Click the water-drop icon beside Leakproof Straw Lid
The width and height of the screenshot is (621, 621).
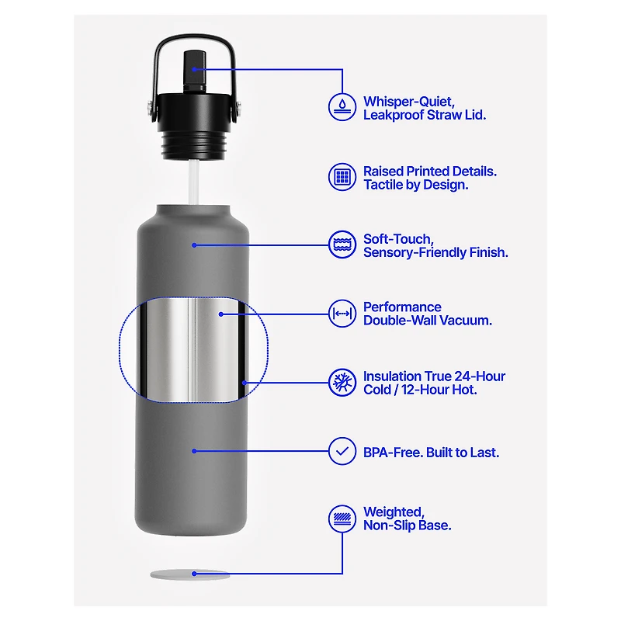point(342,106)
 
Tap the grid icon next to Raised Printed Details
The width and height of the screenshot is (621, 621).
point(342,177)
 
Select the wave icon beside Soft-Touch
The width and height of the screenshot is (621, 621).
point(342,245)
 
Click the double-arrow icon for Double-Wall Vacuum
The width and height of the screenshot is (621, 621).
point(342,314)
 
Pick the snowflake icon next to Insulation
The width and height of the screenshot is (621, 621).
point(342,383)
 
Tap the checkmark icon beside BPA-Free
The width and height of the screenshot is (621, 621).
point(342,451)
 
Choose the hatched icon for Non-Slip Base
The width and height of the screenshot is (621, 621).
point(342,519)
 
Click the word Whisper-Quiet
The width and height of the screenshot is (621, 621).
point(409,102)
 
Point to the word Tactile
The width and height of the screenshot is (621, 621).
point(382,185)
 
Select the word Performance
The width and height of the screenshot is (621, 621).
point(402,307)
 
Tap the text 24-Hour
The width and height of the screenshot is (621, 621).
point(480,376)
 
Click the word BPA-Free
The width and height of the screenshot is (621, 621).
point(393,453)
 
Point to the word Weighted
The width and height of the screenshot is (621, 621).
point(394,512)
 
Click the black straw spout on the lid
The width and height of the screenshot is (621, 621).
point(195,71)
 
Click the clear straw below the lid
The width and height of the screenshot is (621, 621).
point(193,182)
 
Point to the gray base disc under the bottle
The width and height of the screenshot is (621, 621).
point(189,574)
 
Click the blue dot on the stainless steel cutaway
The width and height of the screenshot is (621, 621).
point(221,314)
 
